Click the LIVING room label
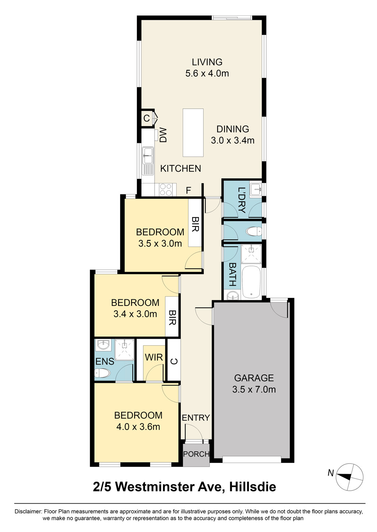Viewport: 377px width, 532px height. pos(207,62)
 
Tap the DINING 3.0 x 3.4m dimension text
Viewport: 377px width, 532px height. pos(233,140)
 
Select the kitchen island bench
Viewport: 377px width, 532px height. pos(193,133)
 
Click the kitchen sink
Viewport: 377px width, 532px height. pos(148,156)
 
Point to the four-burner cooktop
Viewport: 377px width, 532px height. pos(166,190)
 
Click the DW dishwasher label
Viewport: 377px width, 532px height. pos(163,135)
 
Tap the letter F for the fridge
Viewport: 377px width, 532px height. pos(188,190)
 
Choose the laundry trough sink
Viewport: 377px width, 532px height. pos(256,189)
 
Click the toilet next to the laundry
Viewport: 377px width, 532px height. pos(254,231)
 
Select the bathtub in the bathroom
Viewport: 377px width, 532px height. pos(251,282)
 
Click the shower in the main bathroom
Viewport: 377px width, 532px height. pos(251,254)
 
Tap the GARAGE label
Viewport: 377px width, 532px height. pos(254,378)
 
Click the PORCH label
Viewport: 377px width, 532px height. pos(196,454)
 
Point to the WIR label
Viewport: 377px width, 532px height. pos(154,357)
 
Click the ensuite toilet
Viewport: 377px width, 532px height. pos(102,373)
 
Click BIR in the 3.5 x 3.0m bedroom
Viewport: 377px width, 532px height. pos(195,224)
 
